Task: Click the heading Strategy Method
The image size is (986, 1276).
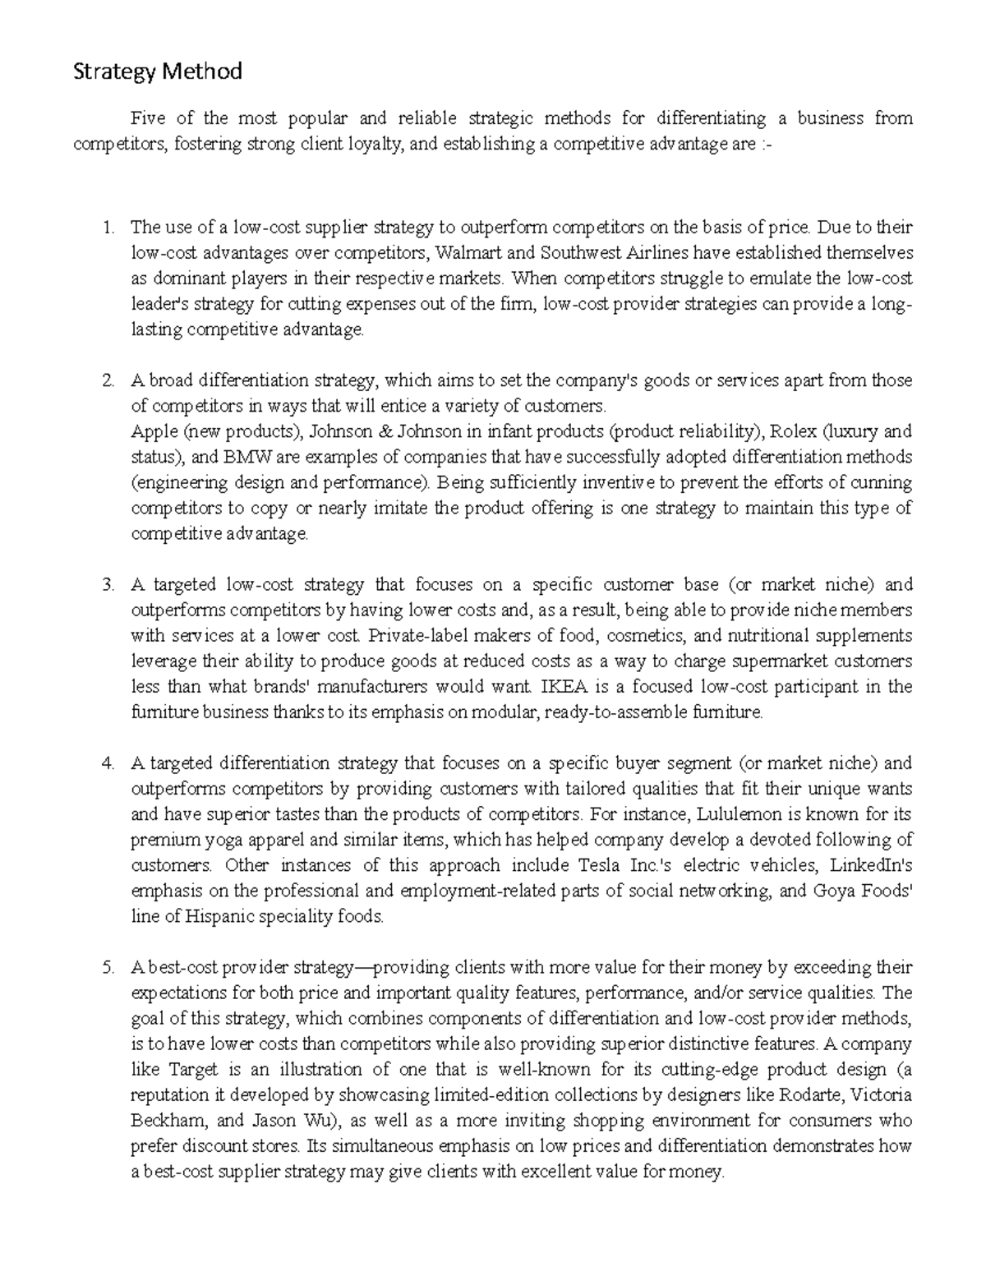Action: tap(158, 72)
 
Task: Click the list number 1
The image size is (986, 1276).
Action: tap(108, 228)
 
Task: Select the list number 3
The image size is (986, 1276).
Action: tap(108, 586)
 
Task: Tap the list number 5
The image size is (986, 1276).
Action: tap(108, 968)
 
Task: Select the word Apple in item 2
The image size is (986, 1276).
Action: tap(153, 432)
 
